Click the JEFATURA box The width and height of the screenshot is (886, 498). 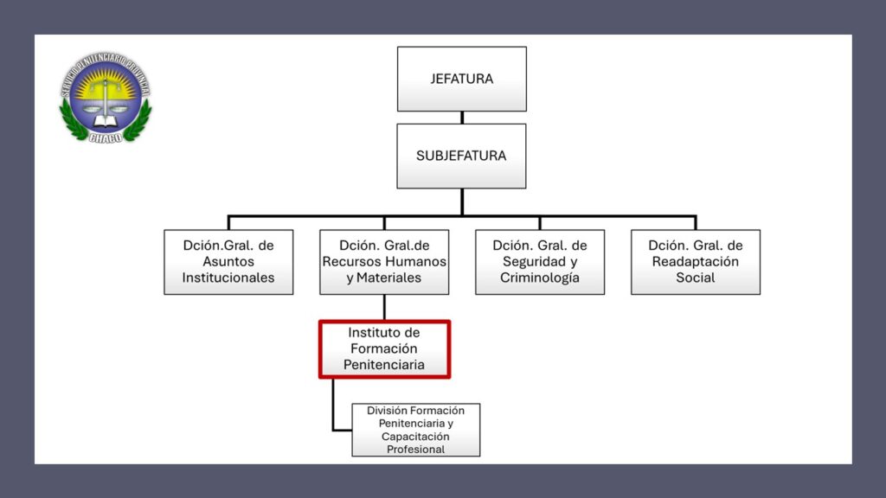461,79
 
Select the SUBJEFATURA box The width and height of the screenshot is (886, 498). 461,156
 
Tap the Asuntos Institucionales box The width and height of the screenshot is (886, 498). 228,262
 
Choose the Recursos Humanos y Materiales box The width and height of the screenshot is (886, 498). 384,262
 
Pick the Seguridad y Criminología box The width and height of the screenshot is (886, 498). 540,262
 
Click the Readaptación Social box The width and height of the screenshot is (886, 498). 696,262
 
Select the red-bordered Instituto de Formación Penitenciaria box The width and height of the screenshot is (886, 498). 384,349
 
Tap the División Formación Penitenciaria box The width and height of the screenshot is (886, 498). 415,430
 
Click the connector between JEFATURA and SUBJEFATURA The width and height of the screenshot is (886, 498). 461,118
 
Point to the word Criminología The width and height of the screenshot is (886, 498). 540,278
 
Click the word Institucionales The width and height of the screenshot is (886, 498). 228,278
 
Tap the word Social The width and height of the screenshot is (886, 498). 696,278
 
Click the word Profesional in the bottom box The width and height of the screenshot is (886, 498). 415,450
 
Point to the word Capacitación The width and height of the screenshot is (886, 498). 415,437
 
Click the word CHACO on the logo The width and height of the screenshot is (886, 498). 105,136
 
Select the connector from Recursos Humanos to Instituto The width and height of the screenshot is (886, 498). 384,308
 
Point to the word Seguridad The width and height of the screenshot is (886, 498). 529,262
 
